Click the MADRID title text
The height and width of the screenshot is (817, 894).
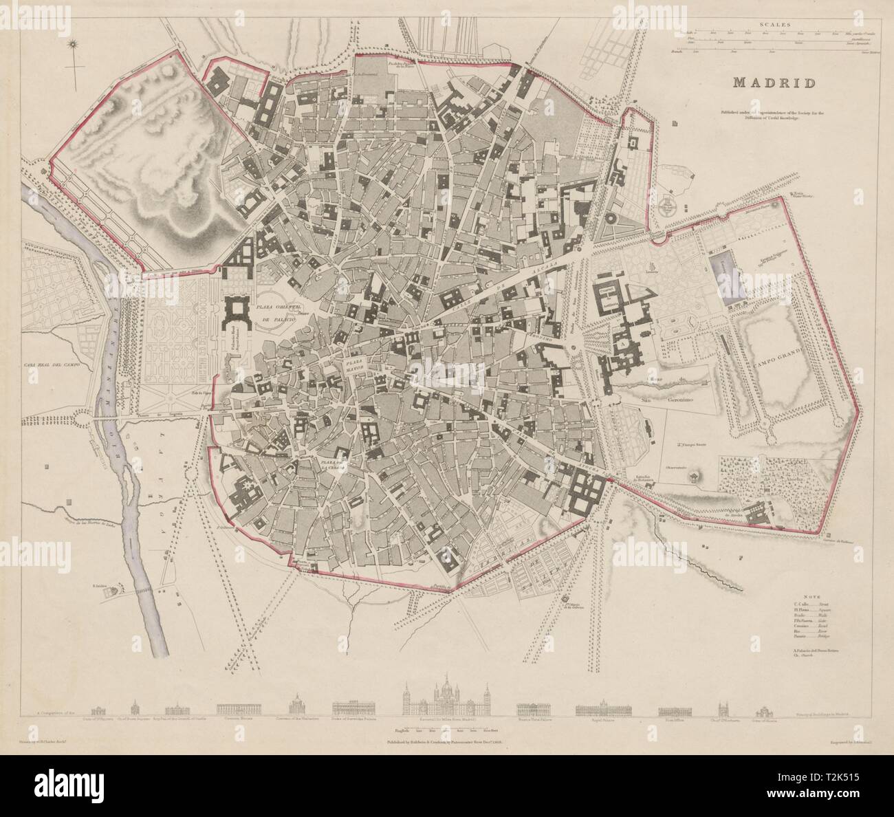pyautogui.click(x=774, y=83)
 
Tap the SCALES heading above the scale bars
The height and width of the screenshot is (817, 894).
pyautogui.click(x=775, y=25)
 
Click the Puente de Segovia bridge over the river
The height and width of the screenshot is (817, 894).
pyautogui.click(x=109, y=417)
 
